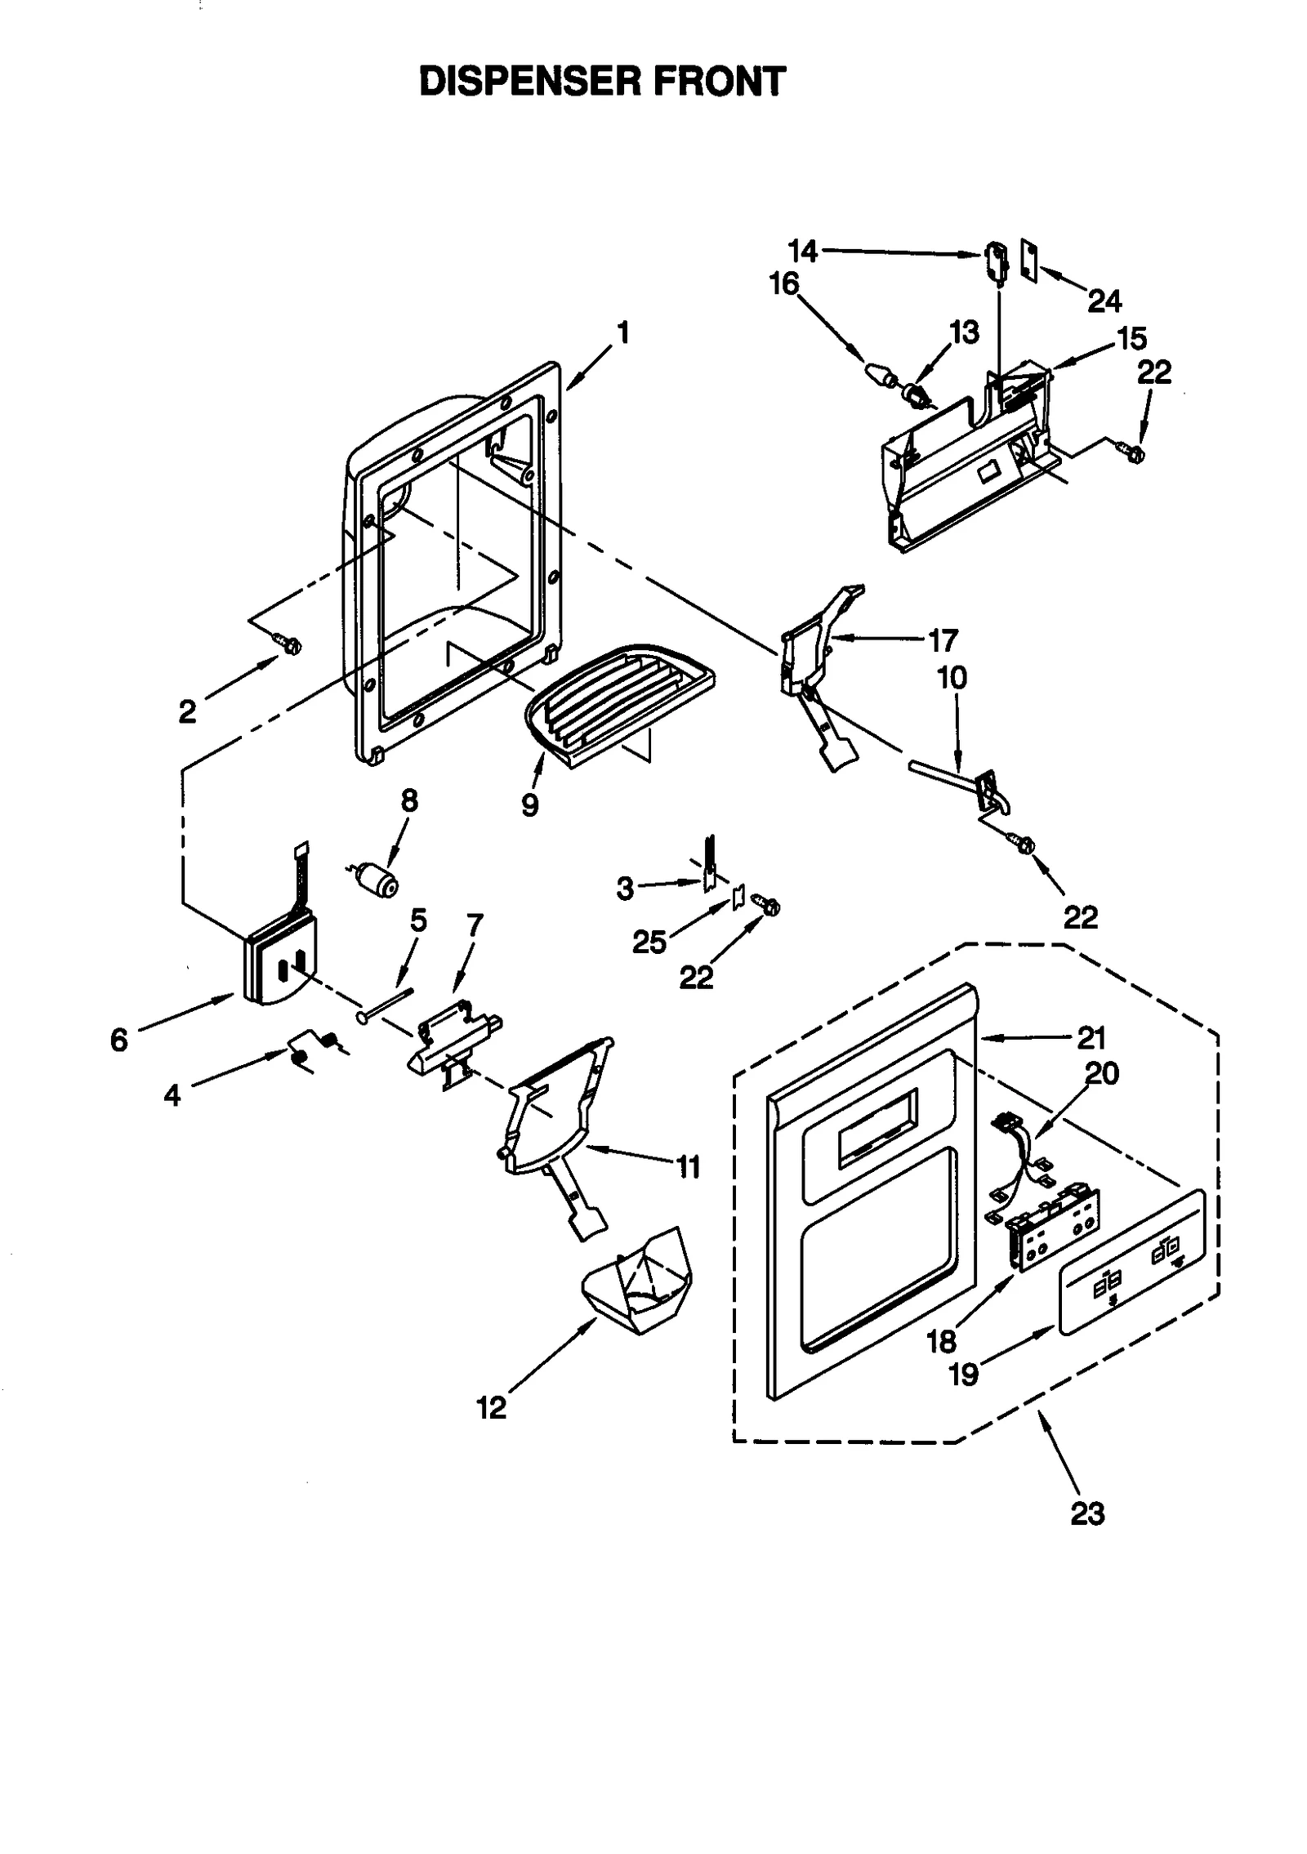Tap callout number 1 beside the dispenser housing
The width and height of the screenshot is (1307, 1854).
622,333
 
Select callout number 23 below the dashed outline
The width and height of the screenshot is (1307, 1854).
1086,1513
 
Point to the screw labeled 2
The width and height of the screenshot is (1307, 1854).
290,644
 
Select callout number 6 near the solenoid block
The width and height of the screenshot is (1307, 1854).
119,1040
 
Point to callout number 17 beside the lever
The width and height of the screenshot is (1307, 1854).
943,640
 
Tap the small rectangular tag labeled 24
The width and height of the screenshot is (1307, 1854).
1029,260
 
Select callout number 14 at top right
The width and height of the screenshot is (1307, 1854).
802,251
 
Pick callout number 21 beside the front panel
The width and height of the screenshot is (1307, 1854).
1091,1037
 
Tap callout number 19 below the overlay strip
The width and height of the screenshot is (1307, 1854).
964,1374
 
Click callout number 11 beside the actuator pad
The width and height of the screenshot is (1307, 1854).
689,1167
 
